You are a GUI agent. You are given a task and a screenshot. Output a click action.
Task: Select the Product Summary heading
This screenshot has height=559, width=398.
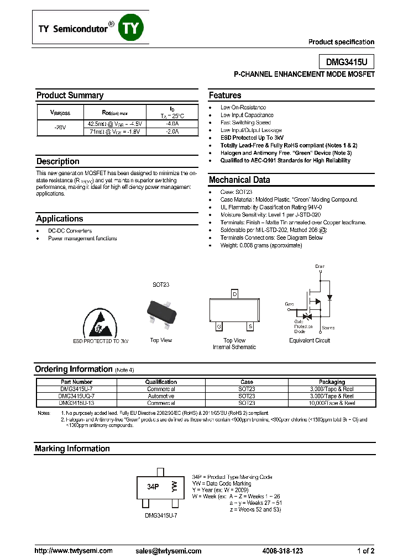coord(70,95)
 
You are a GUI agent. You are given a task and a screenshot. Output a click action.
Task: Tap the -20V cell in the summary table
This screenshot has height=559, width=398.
coord(60,128)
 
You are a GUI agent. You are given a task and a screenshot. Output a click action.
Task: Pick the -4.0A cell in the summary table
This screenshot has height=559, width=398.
coord(172,124)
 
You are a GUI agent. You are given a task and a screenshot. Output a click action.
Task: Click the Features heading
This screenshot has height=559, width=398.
coord(225,95)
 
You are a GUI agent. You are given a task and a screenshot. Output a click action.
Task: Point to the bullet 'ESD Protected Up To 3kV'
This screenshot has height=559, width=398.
coord(252,138)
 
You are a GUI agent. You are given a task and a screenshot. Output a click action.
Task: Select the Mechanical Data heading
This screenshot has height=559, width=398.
coord(239,180)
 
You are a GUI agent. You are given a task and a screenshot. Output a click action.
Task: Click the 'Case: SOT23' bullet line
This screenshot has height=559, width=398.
coord(236,192)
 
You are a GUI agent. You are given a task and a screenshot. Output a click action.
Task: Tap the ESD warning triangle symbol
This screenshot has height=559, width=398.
coord(100,323)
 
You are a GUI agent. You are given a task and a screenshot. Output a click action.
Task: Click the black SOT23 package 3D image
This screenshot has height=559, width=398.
coord(161,312)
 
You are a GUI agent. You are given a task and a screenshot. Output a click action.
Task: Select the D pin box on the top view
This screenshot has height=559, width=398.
coord(234,294)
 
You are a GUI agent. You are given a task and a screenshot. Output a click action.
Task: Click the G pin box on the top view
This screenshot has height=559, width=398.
coord(219,326)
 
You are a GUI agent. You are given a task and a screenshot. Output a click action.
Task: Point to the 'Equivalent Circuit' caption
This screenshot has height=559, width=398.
coord(310,340)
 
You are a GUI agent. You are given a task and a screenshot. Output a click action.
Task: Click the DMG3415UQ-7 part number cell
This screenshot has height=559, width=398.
coord(76,396)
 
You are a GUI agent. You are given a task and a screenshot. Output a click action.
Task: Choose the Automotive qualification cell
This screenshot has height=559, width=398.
coord(161,396)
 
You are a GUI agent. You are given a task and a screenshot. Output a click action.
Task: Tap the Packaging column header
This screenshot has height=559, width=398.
coord(332,382)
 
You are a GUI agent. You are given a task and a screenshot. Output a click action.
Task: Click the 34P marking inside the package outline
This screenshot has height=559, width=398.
coord(153,487)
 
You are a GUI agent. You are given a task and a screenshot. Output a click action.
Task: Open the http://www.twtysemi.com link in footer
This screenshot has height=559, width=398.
coord(74,551)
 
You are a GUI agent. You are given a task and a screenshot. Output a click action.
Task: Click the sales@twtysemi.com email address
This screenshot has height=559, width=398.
coord(168,551)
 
